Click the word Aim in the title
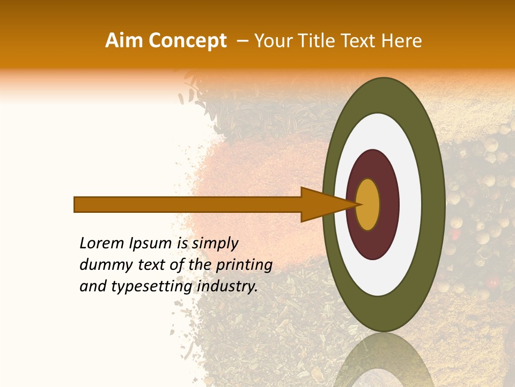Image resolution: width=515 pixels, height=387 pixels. (x=120, y=41)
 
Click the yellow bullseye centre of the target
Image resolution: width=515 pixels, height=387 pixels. (x=367, y=204)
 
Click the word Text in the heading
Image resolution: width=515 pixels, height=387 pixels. (x=358, y=41)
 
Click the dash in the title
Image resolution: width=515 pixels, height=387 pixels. (x=242, y=41)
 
